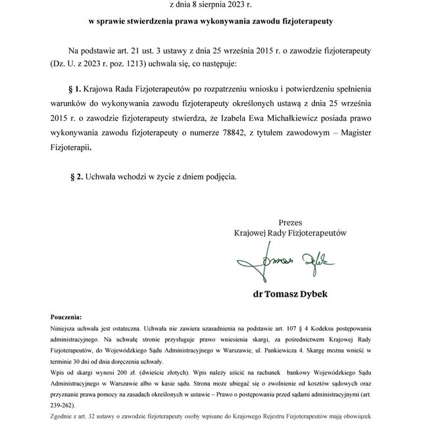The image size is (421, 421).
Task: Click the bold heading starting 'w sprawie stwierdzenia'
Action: click(x=210, y=22)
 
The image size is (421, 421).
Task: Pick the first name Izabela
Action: click(x=251, y=118)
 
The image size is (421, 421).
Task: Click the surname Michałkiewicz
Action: click(x=313, y=118)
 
